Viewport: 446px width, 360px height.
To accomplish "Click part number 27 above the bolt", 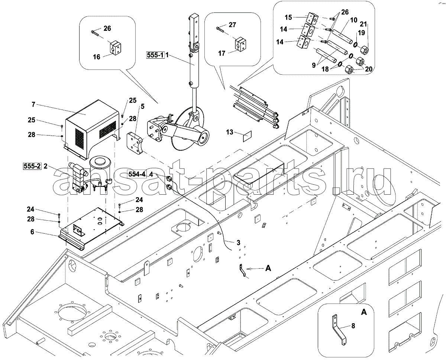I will coord(232,25).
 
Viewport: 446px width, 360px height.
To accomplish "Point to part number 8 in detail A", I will coord(353,326).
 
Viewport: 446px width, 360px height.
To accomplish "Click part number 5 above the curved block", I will coord(142,107).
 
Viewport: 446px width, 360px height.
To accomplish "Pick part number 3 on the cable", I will coord(238,243).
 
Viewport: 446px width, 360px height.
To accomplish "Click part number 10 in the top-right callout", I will coord(353,20).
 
